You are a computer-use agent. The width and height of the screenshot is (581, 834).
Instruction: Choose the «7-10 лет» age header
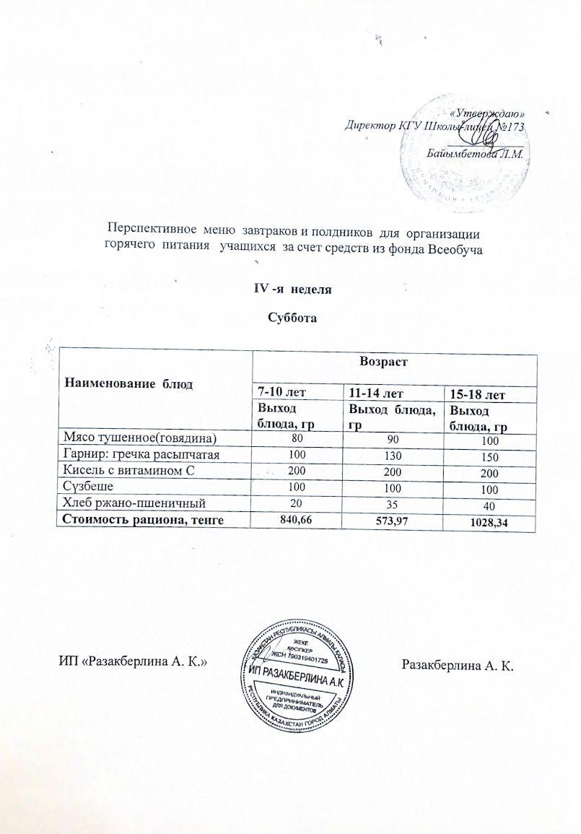(x=278, y=394)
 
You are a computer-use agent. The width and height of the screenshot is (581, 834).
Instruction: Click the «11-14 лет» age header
(x=375, y=394)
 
